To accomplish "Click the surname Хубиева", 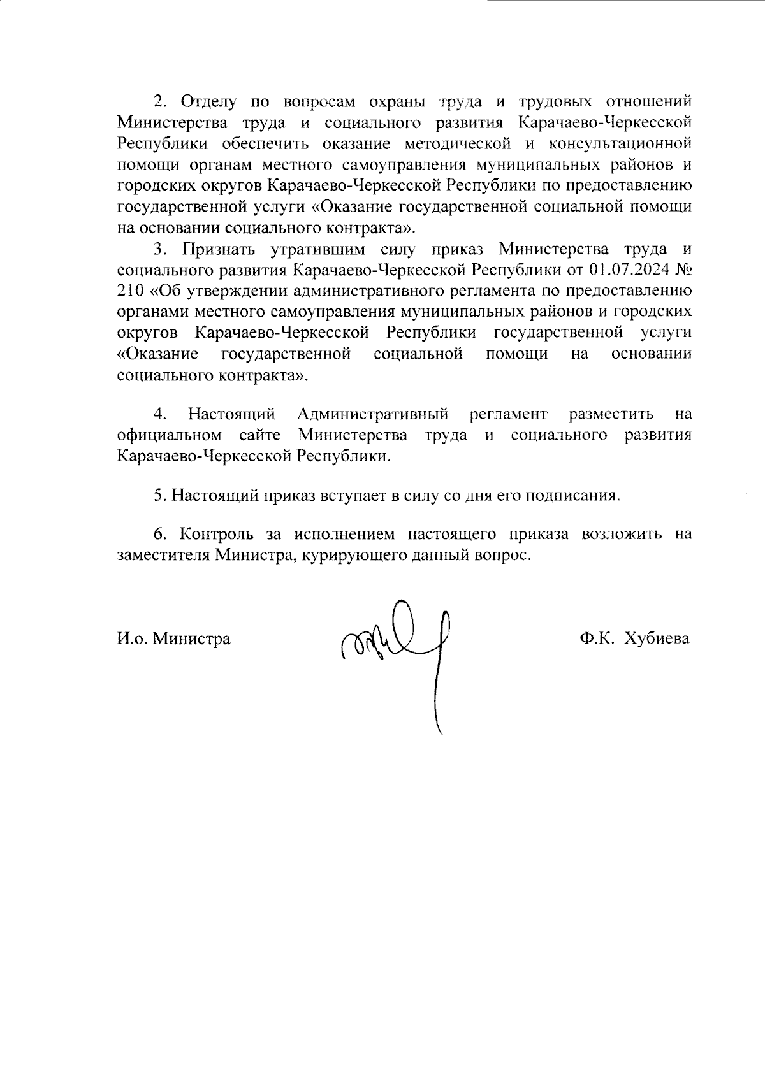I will point(657,638).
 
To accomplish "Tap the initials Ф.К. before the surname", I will point(596,638).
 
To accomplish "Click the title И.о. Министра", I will point(174,638).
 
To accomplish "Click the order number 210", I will point(132,291).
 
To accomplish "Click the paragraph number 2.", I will point(159,101).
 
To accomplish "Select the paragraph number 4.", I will point(159,415).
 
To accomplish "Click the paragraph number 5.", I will point(159,496).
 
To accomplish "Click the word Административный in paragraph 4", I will point(373,415).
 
